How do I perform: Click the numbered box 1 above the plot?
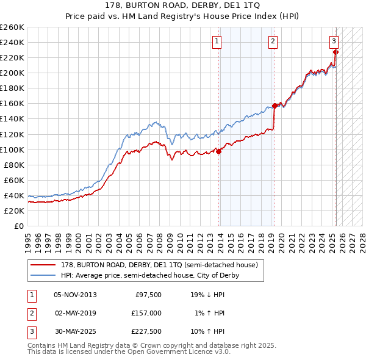point(217,41)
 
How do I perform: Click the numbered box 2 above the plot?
point(272,41)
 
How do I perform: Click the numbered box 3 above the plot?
point(334,41)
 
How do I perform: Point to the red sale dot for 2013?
point(219,152)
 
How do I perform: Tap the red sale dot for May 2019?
point(274,106)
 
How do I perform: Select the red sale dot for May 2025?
point(336,52)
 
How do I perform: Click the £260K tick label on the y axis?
point(12,27)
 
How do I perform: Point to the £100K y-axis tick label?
point(12,149)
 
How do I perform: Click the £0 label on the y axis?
point(18,226)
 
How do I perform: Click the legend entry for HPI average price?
point(149,275)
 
